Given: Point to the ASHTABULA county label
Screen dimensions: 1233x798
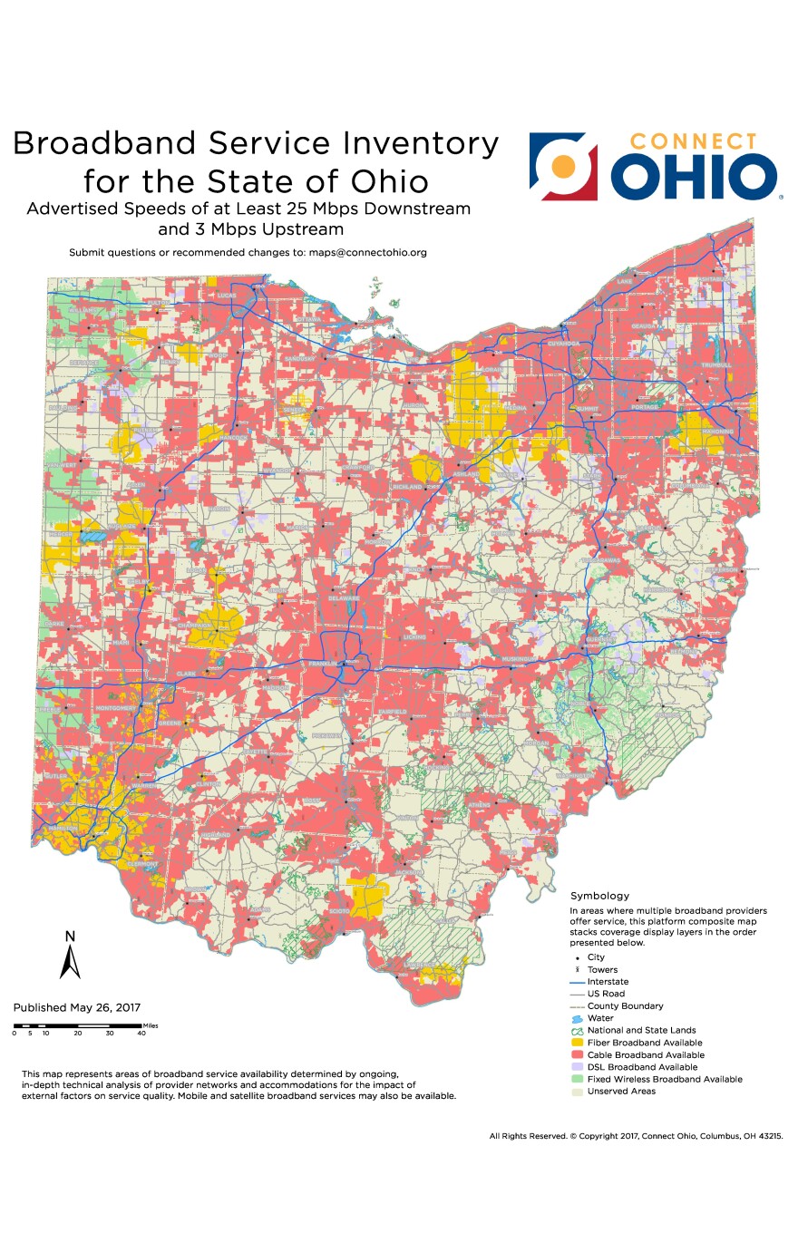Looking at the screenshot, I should point(711,280).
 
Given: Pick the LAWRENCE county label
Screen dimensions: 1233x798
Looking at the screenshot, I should point(444,921).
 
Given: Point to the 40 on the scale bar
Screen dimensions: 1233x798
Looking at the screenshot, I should point(141,1033).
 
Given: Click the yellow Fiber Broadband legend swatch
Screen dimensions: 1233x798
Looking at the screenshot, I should point(577,1043).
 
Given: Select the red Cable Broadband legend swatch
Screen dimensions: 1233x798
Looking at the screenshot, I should point(577,1055).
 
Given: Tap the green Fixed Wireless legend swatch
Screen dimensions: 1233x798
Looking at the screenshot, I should point(577,1079).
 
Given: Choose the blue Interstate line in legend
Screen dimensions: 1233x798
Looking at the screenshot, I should point(577,982).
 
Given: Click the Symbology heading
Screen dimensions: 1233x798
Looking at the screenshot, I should point(599,896).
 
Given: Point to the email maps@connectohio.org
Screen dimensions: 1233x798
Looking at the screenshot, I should point(367,252).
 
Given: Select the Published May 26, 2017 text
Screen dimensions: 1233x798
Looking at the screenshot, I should point(77,1007).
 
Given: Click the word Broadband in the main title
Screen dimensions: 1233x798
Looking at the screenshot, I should point(103,144).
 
